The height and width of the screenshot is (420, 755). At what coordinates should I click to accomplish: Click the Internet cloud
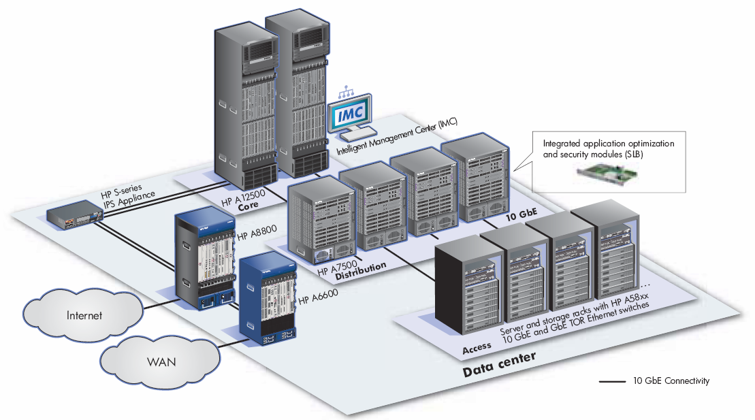(84, 315)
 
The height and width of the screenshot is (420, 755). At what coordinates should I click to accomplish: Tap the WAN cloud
(161, 361)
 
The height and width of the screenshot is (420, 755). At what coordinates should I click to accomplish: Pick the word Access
(477, 348)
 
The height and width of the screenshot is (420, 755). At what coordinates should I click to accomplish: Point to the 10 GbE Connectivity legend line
(613, 381)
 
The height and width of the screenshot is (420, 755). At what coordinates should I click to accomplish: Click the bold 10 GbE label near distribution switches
(519, 216)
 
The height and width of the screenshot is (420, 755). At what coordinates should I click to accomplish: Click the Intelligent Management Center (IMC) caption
(397, 137)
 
